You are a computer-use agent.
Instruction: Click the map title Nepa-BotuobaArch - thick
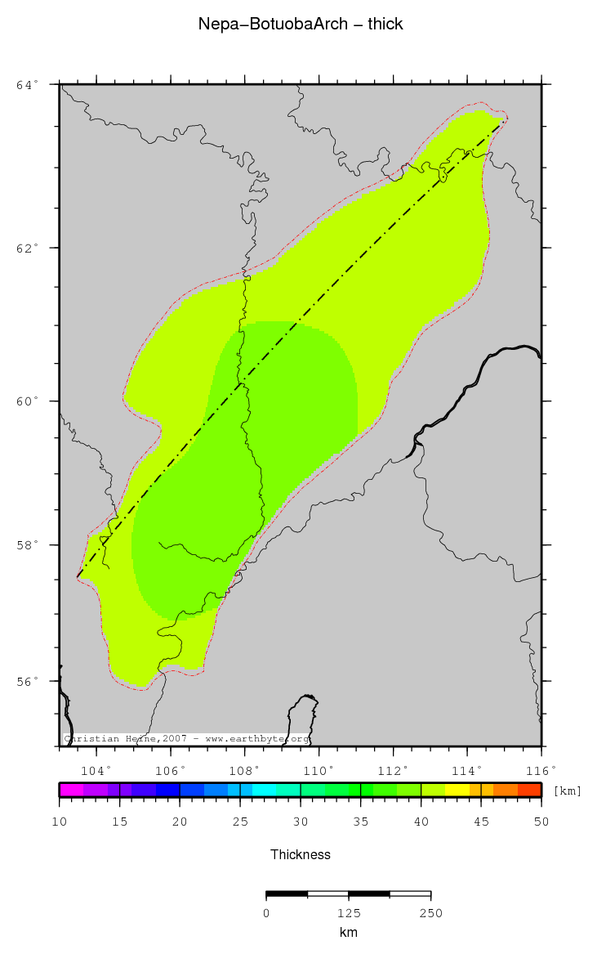pos(301,25)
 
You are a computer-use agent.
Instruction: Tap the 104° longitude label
pos(96,770)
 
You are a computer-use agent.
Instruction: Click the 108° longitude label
pos(244,770)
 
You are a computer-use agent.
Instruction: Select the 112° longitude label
pos(393,770)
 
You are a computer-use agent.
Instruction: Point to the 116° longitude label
pos(541,770)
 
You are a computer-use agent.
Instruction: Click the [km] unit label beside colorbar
pos(568,791)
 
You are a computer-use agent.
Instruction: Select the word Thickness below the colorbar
pos(301,854)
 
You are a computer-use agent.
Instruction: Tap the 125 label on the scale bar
pos(349,912)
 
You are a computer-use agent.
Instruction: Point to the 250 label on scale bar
pos(430,912)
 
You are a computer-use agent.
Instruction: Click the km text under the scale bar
pos(349,932)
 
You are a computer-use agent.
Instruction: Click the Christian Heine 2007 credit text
pos(186,738)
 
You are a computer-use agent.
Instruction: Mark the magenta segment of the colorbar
pos(71,790)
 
